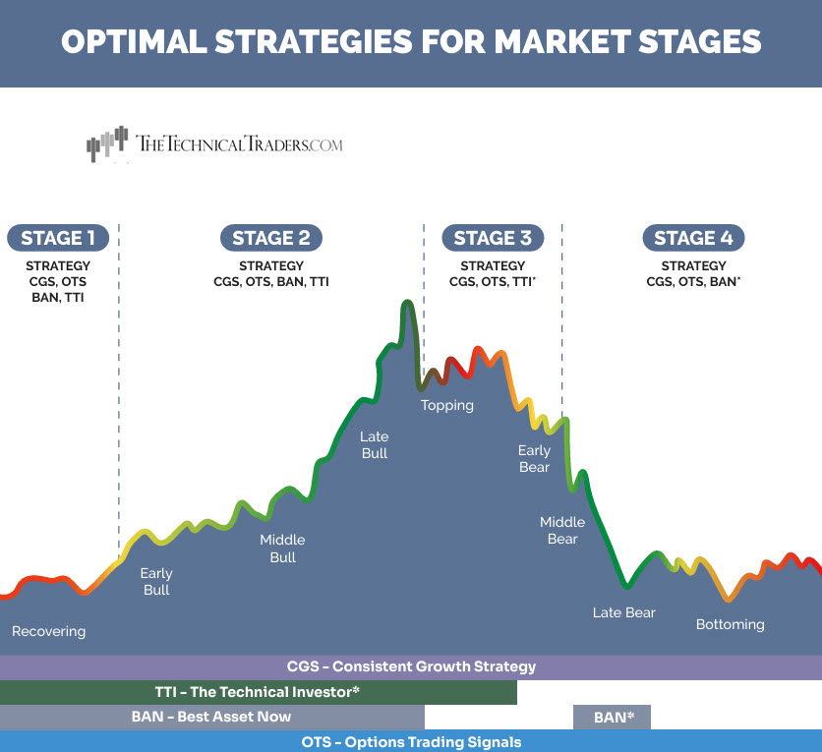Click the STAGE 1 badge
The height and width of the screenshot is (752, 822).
pyautogui.click(x=58, y=238)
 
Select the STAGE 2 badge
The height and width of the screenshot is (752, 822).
pyautogui.click(x=271, y=238)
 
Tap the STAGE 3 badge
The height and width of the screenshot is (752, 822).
pyautogui.click(x=493, y=238)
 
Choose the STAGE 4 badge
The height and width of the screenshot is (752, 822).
pyautogui.click(x=693, y=238)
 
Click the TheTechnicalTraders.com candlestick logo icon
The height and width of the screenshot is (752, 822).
pyautogui.click(x=107, y=145)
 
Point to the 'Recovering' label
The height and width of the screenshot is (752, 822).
pyautogui.click(x=48, y=631)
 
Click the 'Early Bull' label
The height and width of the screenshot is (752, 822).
pyautogui.click(x=156, y=581)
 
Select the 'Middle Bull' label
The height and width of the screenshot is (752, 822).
pyautogui.click(x=282, y=549)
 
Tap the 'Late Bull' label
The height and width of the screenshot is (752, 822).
pyautogui.click(x=375, y=444)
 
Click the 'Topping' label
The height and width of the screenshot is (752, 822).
pyautogui.click(x=447, y=405)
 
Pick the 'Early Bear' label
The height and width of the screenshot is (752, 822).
pyautogui.click(x=534, y=459)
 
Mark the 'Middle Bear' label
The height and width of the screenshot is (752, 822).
pyautogui.click(x=562, y=530)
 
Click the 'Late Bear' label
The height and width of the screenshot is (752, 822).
pyautogui.click(x=623, y=612)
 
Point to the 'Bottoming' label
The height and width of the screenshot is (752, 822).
pyautogui.click(x=730, y=624)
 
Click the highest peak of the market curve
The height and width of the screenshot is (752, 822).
pyautogui.click(x=405, y=303)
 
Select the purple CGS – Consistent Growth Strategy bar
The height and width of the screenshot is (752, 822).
pyautogui.click(x=411, y=666)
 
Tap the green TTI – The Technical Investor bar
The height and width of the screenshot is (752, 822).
pyautogui.click(x=258, y=692)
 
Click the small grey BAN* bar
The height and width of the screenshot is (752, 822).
pyautogui.click(x=612, y=718)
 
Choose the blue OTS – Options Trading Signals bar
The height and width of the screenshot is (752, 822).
pyautogui.click(x=411, y=742)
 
